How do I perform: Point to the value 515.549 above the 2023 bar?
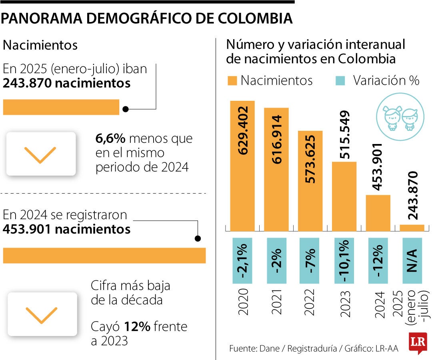344,135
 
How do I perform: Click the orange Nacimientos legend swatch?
232,80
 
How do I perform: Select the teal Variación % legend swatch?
339,80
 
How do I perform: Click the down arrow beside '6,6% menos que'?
41,154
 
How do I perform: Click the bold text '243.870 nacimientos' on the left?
66,83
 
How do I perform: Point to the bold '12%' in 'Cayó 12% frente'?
137,327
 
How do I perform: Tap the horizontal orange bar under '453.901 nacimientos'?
104,255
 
